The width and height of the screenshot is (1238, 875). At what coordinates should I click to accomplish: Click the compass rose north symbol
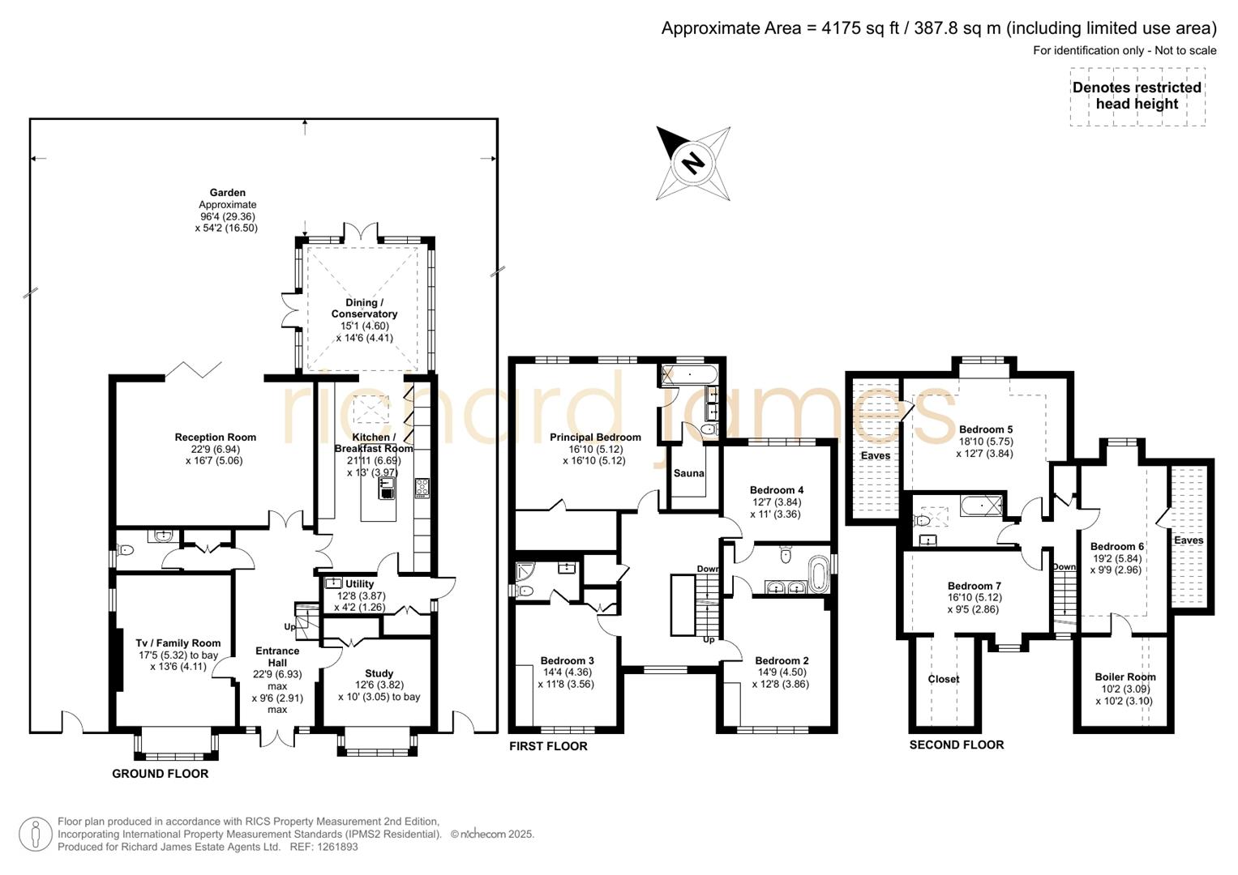point(692,163)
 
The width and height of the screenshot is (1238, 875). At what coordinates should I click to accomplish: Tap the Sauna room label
point(689,473)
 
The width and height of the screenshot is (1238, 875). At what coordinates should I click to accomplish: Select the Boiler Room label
point(1124,677)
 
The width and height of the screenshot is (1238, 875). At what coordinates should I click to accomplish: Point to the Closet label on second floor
point(943,679)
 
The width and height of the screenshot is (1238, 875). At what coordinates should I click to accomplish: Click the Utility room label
point(359,583)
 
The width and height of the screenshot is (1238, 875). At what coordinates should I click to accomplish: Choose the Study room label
point(379,673)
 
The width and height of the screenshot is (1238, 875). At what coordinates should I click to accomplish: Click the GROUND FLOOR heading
point(160,774)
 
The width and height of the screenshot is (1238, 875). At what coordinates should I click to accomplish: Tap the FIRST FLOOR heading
point(548,746)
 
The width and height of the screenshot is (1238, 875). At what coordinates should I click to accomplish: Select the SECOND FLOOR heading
point(956,745)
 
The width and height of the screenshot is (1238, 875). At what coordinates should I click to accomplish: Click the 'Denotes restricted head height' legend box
point(1137,96)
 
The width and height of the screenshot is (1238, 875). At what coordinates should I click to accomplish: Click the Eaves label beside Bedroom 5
point(875,455)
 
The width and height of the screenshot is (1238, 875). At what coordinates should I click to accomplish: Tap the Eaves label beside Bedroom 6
point(1189,540)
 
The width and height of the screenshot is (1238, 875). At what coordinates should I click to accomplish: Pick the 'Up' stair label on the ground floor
point(289,627)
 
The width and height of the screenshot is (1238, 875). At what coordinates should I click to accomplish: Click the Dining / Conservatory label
point(365,308)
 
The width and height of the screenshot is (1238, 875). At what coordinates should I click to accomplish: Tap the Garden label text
point(227,193)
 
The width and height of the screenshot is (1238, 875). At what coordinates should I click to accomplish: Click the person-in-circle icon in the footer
point(35,834)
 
